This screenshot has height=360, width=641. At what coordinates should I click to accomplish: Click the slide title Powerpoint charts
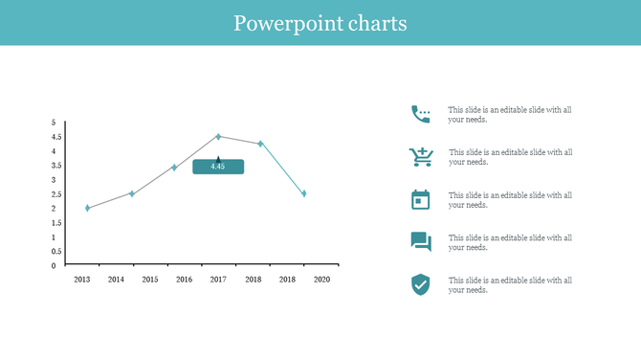[320, 23]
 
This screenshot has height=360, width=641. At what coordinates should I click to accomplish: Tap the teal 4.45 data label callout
[218, 167]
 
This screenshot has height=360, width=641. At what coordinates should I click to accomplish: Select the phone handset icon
[420, 114]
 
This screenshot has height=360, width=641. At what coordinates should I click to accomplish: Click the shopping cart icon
[420, 157]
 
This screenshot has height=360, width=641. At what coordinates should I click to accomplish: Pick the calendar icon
[420, 199]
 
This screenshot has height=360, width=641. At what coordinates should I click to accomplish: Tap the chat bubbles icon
[420, 242]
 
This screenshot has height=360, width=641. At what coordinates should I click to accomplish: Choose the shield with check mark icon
[420, 284]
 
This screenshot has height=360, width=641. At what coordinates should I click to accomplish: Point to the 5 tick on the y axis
[54, 123]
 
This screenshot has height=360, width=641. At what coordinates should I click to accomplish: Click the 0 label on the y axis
[54, 266]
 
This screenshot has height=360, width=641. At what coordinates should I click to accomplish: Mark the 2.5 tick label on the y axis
[55, 194]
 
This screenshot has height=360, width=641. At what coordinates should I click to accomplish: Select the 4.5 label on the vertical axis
[55, 137]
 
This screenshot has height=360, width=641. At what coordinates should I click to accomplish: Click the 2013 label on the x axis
[82, 280]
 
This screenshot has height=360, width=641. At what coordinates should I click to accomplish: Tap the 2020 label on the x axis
[321, 280]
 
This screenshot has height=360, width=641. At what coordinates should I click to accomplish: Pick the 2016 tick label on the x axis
[185, 280]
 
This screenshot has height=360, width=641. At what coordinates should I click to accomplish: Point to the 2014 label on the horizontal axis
[116, 280]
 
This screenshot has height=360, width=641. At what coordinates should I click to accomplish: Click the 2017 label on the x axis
[218, 280]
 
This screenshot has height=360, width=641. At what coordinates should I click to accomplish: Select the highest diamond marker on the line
[218, 137]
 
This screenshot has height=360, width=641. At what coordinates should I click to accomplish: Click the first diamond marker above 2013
[88, 208]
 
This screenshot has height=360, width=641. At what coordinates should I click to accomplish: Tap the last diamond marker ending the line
[304, 193]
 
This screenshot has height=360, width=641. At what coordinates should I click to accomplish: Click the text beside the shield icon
[510, 285]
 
